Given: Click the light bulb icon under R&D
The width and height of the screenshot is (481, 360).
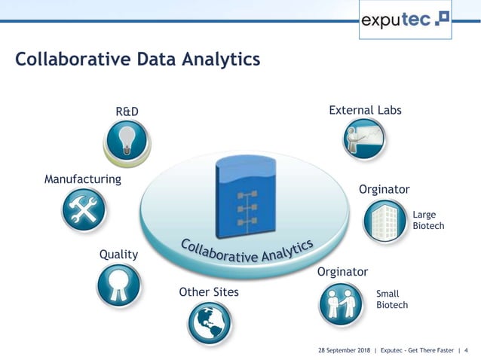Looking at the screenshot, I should click(x=126, y=142).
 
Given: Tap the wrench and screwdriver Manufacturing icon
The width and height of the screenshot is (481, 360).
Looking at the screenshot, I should click(x=83, y=208).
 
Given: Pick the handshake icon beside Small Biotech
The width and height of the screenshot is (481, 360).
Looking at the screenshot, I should click(x=341, y=303).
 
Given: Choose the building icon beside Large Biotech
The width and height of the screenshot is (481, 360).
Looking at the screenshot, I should click(x=385, y=221).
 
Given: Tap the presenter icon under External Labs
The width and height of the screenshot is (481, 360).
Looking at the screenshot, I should click(x=365, y=139).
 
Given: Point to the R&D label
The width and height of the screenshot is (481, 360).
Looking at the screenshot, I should click(x=127, y=112).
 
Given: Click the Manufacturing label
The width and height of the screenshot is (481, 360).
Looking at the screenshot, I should click(x=83, y=179).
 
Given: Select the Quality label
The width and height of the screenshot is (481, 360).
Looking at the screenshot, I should click(x=119, y=255).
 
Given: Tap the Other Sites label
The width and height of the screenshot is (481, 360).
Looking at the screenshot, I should click(x=209, y=291).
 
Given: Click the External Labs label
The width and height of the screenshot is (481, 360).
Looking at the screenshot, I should click(x=365, y=111).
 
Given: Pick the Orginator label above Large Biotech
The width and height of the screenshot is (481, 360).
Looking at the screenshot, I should click(x=384, y=189).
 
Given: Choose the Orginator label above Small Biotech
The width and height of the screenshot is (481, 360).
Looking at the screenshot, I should click(x=342, y=271).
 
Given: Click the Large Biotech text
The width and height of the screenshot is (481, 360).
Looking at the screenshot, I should click(x=428, y=221).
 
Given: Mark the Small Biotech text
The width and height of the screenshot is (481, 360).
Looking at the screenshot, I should click(x=391, y=300).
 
